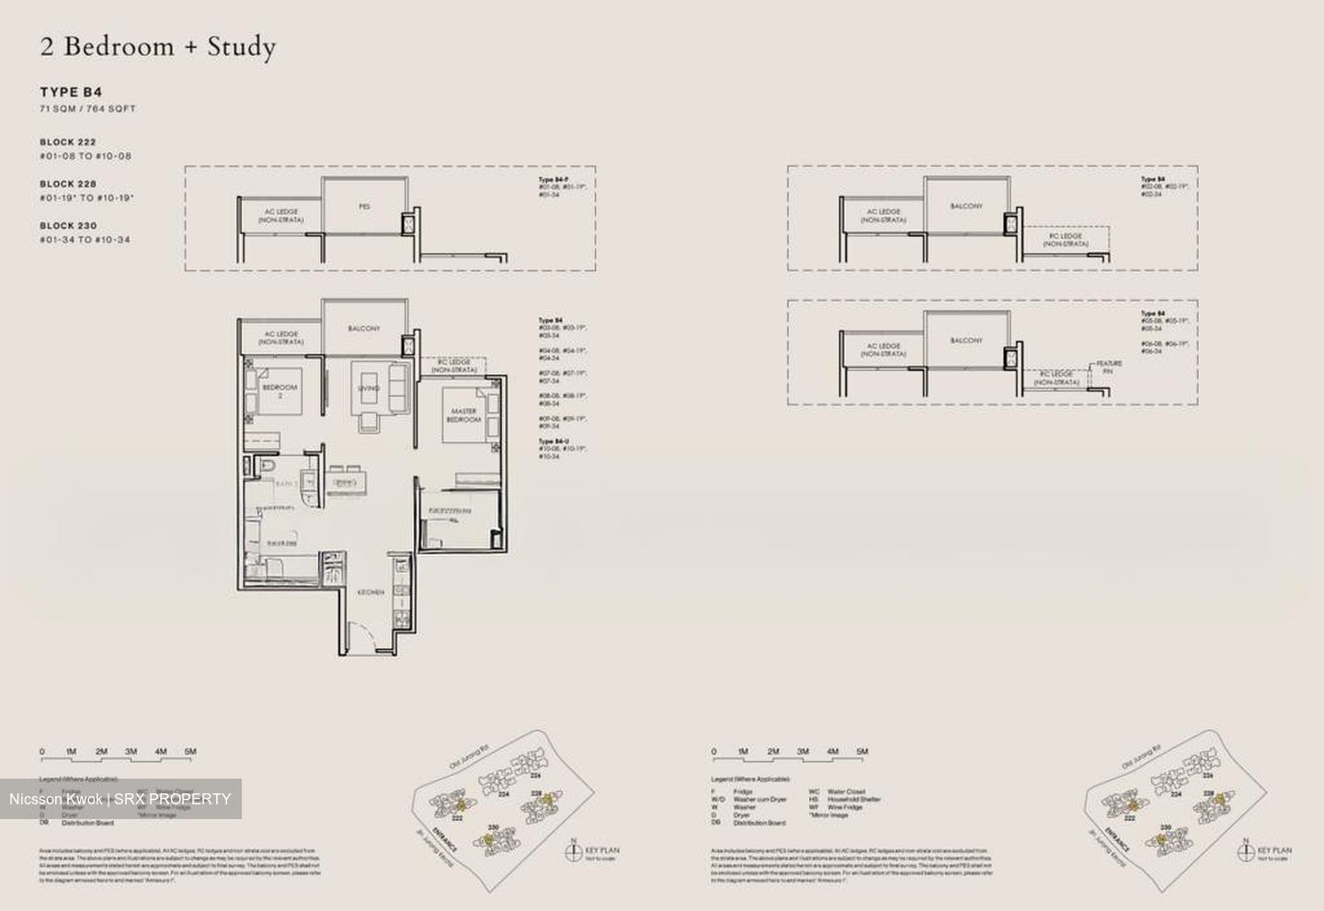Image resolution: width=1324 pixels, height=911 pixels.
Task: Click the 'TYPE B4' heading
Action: pos(71,92)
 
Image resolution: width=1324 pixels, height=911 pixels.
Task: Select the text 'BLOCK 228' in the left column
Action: pos(68,184)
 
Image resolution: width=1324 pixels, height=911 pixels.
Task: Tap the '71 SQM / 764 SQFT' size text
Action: pos(87,109)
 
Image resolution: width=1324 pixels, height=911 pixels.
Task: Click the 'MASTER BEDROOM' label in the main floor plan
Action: pos(463,415)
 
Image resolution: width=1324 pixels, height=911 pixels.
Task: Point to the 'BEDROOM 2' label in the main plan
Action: pos(280,391)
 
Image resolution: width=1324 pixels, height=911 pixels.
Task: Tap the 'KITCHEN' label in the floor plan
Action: pos(371,592)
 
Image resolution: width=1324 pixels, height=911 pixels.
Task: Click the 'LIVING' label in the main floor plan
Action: pos(369,389)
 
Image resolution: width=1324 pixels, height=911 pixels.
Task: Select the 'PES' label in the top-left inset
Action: pos(364,208)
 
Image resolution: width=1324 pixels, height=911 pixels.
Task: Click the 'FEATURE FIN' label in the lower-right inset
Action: pos(1108,367)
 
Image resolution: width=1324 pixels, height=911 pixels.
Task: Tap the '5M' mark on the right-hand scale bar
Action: pos(862,752)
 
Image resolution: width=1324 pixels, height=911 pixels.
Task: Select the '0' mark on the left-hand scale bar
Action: pos(42,752)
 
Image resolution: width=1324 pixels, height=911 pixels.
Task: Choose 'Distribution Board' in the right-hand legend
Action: pos(759,823)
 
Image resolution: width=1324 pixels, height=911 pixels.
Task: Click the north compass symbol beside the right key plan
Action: pos(1245,850)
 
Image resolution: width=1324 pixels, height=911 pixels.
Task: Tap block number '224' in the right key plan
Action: pos(1177,794)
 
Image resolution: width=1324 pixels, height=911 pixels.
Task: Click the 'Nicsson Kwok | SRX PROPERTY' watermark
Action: pos(120,799)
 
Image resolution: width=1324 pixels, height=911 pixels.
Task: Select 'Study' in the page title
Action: pos(241,47)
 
